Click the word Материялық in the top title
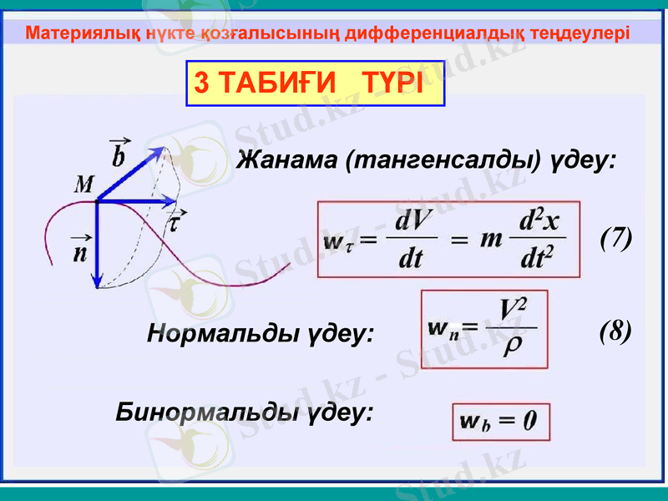[x=69, y=33]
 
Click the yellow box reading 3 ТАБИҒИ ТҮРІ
[x=314, y=83]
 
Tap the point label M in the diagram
[x=83, y=185]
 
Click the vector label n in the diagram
[x=79, y=251]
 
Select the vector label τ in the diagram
[x=177, y=222]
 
